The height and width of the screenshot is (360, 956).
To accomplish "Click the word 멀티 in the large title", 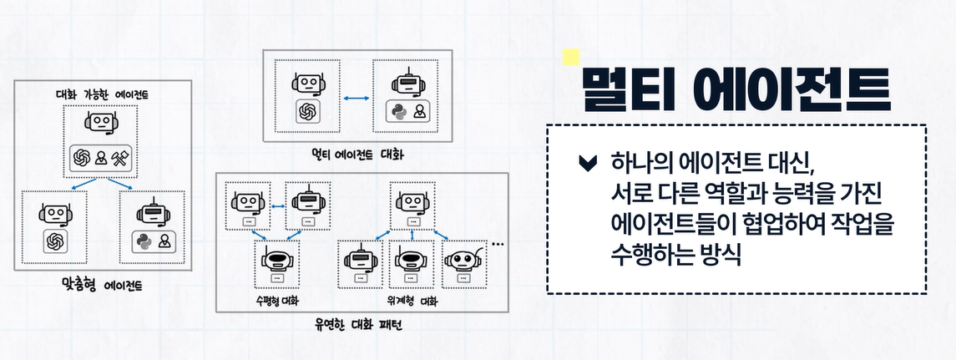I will pos(627,87).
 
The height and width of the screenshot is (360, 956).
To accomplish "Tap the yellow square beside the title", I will pos(571,56).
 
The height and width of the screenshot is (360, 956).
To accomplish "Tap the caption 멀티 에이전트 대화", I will pos(357,155).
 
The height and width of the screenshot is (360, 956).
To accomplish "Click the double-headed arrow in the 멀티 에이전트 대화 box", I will pos(357,99).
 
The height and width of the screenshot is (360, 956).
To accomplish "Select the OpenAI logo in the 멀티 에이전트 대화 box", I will pos(307,112).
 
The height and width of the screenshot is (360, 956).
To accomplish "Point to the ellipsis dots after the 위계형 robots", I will pos(499,245).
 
